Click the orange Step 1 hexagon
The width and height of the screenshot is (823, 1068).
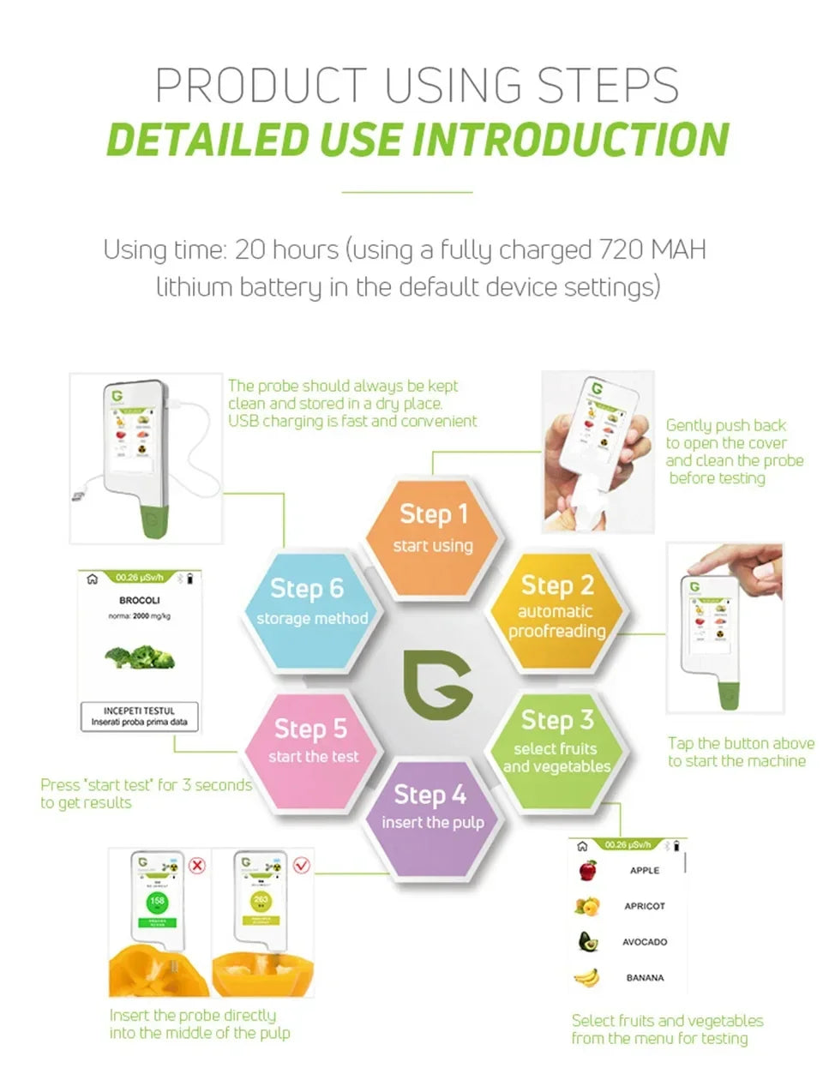pos(434,538)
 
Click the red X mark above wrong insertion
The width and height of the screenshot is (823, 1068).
pos(197,865)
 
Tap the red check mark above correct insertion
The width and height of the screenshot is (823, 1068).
pos(301,865)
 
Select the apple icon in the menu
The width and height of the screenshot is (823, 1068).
pos(587,870)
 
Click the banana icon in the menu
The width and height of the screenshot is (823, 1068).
pos(586,976)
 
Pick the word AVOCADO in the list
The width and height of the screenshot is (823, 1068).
pos(645,942)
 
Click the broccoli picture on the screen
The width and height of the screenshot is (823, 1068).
pos(140,657)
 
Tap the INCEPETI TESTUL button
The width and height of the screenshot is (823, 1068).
pos(139,717)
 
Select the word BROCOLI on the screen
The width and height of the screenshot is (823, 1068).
pos(139,600)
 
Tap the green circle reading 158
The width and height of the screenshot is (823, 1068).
pos(157,902)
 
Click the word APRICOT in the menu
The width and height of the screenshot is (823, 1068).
pos(645,906)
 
